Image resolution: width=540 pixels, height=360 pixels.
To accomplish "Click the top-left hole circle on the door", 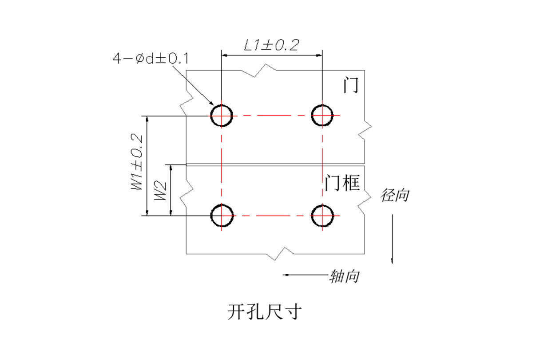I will pyautogui.click(x=222, y=116).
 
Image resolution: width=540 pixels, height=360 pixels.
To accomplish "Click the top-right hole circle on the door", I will pyautogui.click(x=322, y=116).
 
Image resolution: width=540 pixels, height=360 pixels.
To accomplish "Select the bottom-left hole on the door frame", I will pyautogui.click(x=222, y=216).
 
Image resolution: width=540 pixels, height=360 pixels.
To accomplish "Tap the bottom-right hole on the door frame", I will pyautogui.click(x=322, y=216).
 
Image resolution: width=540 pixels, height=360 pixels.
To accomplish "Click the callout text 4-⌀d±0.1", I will pyautogui.click(x=151, y=59).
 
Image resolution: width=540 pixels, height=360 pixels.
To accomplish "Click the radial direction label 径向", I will pyautogui.click(x=394, y=195).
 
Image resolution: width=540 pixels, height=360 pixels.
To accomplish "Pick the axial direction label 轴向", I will pyautogui.click(x=344, y=276).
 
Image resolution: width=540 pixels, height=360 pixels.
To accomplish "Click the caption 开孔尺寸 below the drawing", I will pyautogui.click(x=265, y=312).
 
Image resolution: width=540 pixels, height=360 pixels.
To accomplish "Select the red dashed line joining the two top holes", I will pyautogui.click(x=272, y=116).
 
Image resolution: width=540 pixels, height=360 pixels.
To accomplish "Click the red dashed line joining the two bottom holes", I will pyautogui.click(x=272, y=216).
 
